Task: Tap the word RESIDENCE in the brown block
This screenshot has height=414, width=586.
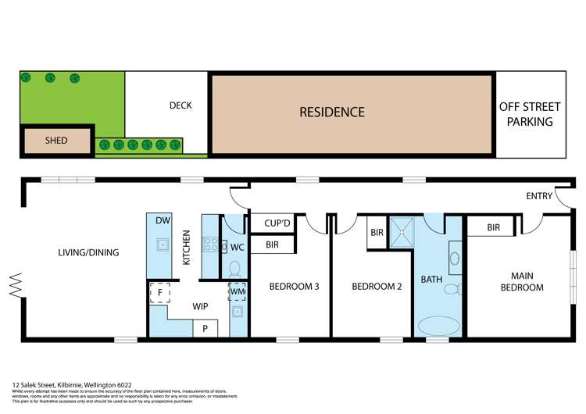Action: click(x=332, y=112)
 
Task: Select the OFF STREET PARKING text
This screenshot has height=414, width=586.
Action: click(x=529, y=114)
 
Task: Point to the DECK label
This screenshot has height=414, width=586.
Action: click(x=180, y=105)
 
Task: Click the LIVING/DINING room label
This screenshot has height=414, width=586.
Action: click(x=88, y=252)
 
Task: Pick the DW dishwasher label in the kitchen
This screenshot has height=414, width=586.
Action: click(x=163, y=221)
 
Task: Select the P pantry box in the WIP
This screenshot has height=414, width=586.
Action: click(x=205, y=328)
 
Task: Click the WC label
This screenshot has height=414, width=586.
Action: click(x=238, y=247)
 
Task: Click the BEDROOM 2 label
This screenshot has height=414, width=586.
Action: click(x=377, y=287)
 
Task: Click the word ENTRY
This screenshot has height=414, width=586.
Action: click(x=540, y=196)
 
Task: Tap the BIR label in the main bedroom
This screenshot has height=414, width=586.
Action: click(x=493, y=228)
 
